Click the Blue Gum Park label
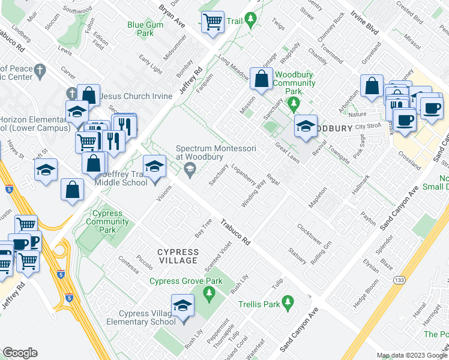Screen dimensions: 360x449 [x=140, y=29]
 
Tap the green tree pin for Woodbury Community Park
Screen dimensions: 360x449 [x=294, y=105]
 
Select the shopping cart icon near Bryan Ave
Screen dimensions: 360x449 [x=212, y=23]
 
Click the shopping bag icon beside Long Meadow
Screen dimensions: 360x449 [x=262, y=79]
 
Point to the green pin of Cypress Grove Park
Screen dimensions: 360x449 [x=209, y=293]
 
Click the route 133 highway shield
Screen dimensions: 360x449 [x=399, y=280]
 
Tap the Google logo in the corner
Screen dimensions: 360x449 [x=20, y=353]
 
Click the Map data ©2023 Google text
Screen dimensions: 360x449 [x=412, y=355]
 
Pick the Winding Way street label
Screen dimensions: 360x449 [x=253, y=193]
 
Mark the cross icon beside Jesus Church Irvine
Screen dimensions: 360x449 [x=71, y=93]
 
